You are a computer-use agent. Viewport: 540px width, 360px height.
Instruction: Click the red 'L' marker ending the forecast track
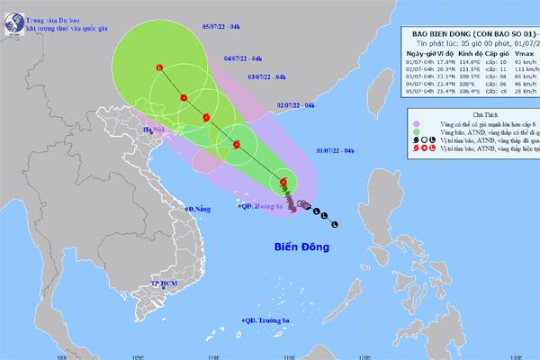pyautogui.click(x=159, y=67)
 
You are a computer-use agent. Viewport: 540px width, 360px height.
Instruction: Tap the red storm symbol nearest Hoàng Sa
pyautogui.click(x=283, y=182)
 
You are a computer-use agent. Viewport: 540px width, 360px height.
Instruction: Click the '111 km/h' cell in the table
pyautogui.click(x=521, y=68)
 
